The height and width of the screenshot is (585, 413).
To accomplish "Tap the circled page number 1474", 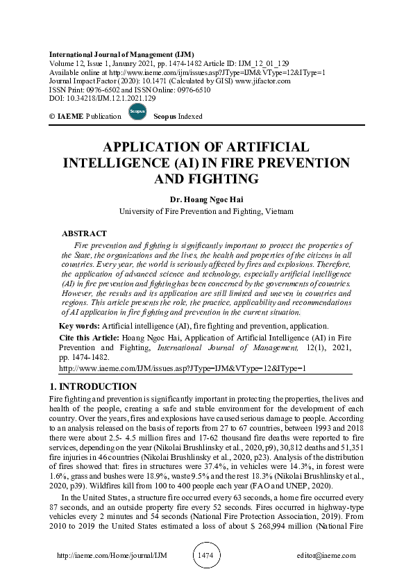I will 206,556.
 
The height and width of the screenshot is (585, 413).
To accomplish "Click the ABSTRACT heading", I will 84,233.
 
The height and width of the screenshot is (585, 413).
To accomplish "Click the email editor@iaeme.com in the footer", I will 326,556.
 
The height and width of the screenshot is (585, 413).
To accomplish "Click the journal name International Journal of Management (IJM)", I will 121,54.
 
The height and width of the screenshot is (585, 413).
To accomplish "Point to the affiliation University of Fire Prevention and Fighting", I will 206,211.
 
